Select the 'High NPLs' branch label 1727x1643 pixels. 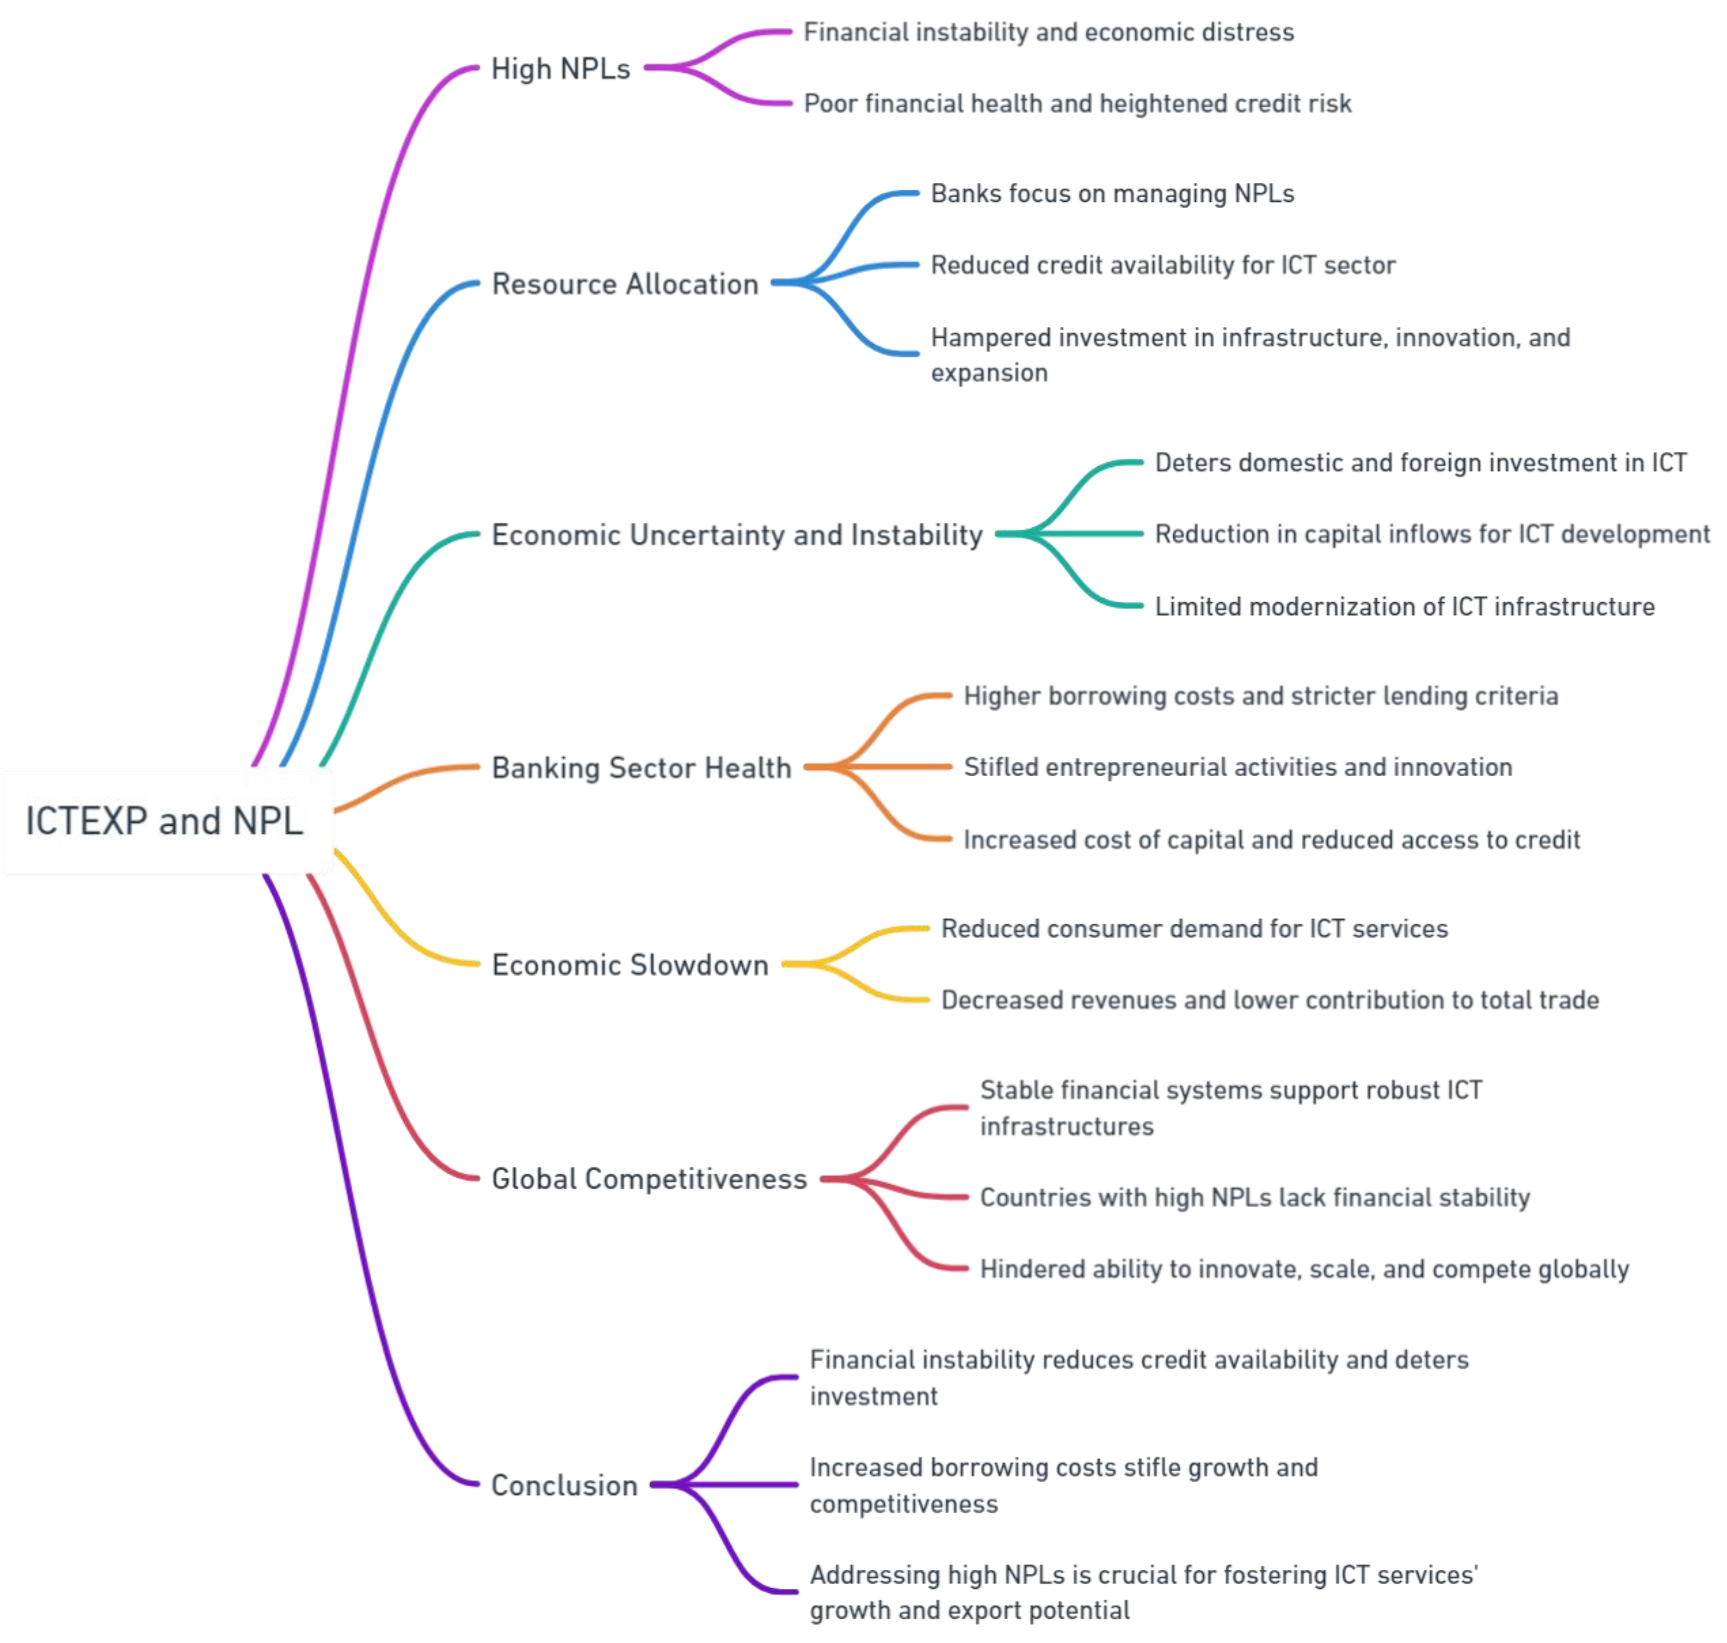click(561, 69)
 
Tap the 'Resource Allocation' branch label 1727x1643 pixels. click(624, 284)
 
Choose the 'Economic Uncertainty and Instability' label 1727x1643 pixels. click(737, 534)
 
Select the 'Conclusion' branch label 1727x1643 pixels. click(564, 1485)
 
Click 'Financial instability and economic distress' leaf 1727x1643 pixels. click(1048, 32)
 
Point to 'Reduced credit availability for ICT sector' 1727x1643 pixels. click(1162, 265)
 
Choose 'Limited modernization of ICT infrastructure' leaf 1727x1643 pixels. click(1404, 606)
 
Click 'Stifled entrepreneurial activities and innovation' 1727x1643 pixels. click(1238, 767)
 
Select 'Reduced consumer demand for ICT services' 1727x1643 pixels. click(1194, 928)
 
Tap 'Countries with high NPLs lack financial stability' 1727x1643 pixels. click(1254, 1197)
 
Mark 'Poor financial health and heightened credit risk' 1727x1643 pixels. click(1077, 103)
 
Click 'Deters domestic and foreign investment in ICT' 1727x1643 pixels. click(1420, 463)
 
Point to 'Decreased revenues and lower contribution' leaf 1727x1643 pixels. click(1269, 1000)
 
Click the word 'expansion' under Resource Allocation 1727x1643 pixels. click(989, 373)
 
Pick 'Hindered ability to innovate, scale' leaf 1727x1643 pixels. click(1303, 1269)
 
